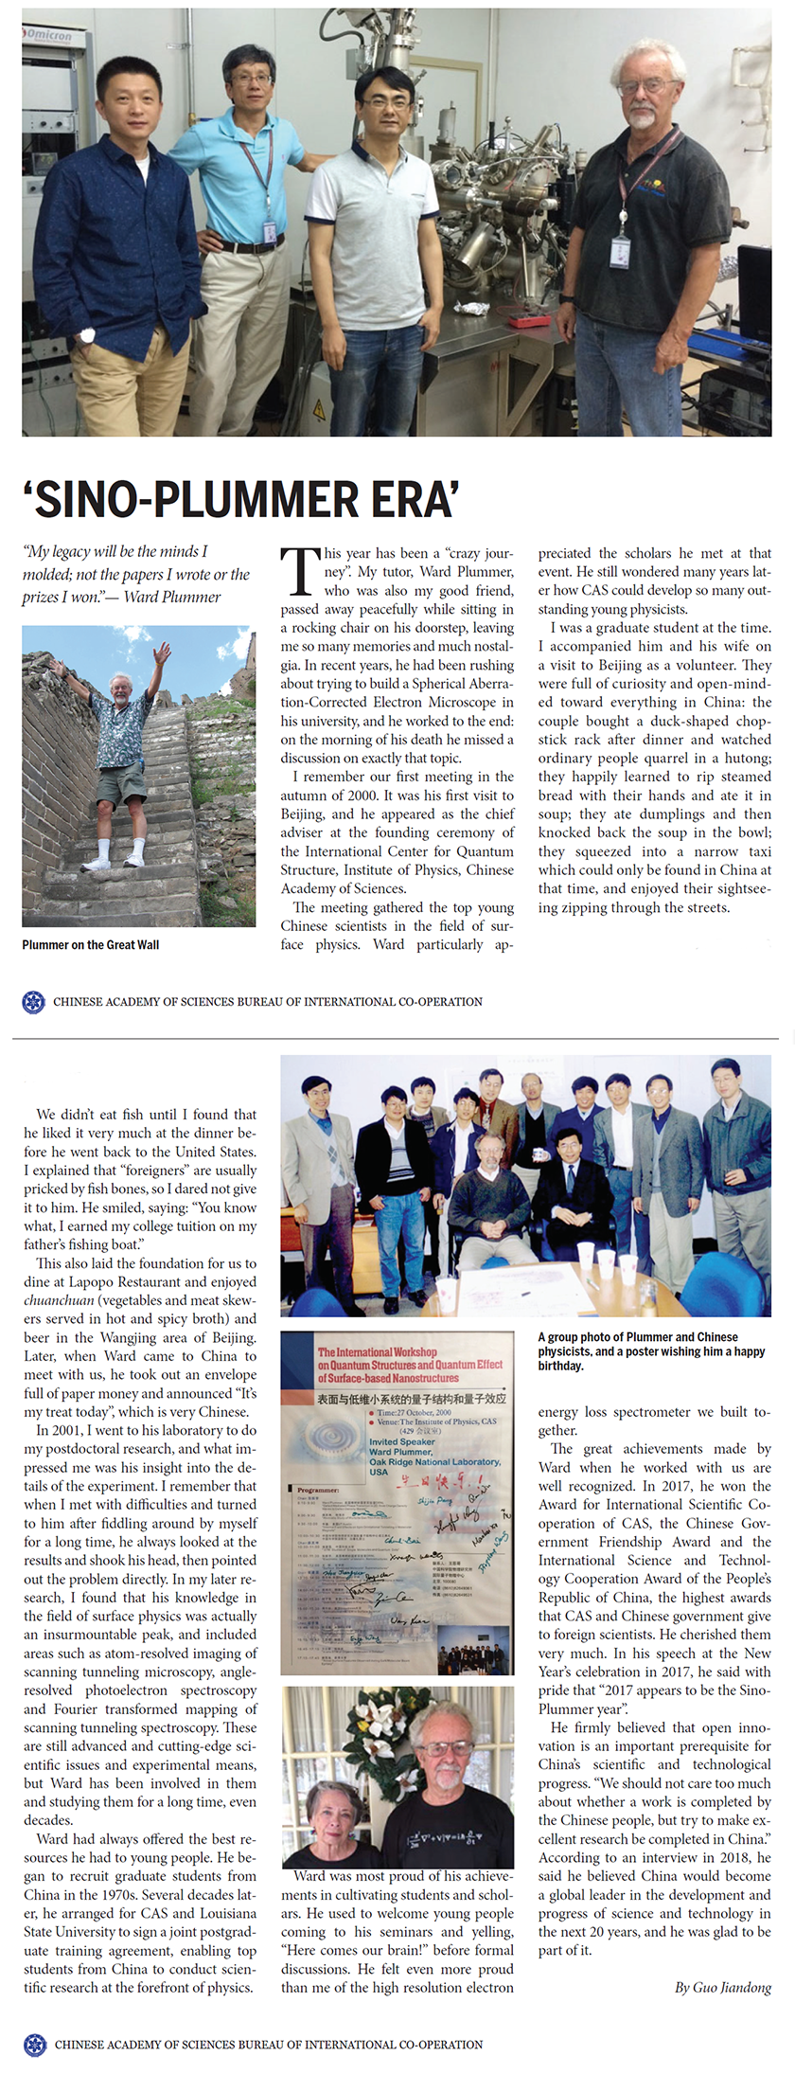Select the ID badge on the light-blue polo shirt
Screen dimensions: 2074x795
(270, 232)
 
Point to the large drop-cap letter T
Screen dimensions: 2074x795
(299, 572)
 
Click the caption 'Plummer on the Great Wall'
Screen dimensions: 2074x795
(91, 944)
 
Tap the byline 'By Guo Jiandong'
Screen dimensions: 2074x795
(722, 1987)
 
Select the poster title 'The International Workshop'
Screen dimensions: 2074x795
(377, 1351)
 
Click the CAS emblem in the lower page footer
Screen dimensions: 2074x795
(34, 2045)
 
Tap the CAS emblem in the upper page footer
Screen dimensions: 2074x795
(33, 1001)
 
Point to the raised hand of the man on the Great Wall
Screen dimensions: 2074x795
(164, 653)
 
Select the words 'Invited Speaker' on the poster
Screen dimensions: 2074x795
(401, 1441)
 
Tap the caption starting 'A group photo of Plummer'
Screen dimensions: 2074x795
(651, 1350)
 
